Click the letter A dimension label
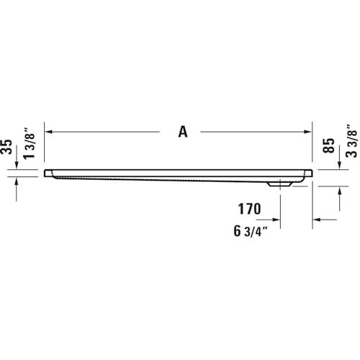click(183, 132)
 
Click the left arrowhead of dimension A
click(50, 132)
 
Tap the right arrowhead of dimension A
click(307, 132)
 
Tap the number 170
click(249, 210)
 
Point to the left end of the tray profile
click(46, 174)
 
